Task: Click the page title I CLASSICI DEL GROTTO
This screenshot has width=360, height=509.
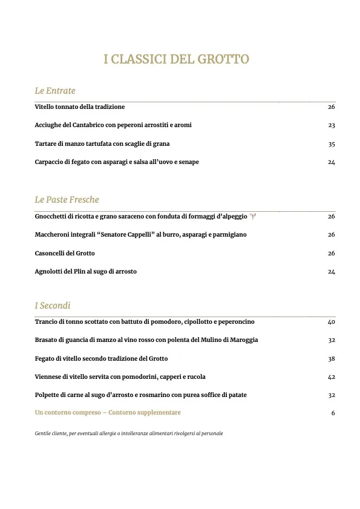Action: tap(177, 59)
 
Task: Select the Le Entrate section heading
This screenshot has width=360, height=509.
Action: tap(55, 91)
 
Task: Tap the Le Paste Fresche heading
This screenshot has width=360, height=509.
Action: tap(67, 200)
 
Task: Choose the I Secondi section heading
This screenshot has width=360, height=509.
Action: tap(53, 306)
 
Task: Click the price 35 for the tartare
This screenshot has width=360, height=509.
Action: tap(331, 144)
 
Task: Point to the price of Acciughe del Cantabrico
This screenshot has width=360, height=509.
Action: tap(331, 125)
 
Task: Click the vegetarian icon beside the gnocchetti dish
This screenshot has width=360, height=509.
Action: tap(253, 216)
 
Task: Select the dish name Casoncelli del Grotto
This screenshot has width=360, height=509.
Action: tap(65, 253)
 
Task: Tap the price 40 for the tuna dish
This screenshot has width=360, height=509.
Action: tap(331, 322)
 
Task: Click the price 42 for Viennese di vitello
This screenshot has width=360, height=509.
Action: tap(331, 376)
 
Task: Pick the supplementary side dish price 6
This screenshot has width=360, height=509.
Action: tap(333, 413)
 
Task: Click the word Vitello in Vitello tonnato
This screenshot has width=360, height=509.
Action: tap(45, 107)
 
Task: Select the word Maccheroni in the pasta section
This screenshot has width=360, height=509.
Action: tap(54, 235)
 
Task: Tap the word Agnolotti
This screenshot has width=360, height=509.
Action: tap(50, 272)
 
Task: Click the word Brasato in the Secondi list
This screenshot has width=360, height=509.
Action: tap(47, 340)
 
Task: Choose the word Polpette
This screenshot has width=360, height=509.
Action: tap(48, 395)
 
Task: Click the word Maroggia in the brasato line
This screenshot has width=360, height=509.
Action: tap(243, 340)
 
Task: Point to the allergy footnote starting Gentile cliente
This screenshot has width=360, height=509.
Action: tap(129, 433)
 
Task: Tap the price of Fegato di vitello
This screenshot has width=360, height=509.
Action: tap(331, 358)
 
